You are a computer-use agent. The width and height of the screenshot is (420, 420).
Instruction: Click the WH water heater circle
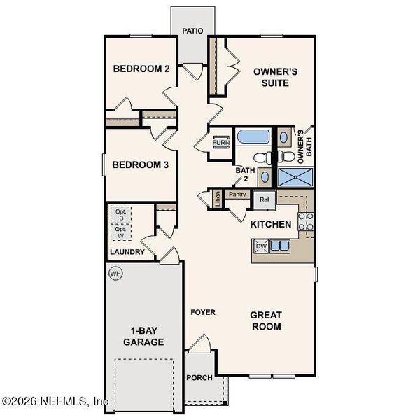(x=115, y=274)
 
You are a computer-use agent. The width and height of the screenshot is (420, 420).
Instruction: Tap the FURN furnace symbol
(x=221, y=142)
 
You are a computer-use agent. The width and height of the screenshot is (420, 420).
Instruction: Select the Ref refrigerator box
(x=265, y=199)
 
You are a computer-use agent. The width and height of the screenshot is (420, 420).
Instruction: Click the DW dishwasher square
(x=261, y=246)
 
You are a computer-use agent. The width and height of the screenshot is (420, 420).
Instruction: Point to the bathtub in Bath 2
(x=253, y=137)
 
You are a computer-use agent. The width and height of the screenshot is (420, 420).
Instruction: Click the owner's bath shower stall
(x=295, y=177)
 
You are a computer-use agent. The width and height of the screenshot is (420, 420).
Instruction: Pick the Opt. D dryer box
(x=121, y=215)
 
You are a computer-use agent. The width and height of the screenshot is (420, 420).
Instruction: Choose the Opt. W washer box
(x=121, y=232)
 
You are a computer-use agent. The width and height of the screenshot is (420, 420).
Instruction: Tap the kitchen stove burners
(x=306, y=221)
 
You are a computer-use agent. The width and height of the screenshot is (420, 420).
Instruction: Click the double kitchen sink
(x=279, y=246)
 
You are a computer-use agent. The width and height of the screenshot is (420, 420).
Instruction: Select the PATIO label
(x=192, y=31)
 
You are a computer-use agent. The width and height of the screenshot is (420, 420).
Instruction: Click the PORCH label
(x=199, y=378)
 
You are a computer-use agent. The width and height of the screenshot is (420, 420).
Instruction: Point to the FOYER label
(x=203, y=312)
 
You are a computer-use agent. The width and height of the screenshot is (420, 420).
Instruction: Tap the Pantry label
(x=237, y=194)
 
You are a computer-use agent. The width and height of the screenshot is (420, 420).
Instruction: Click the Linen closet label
(x=218, y=199)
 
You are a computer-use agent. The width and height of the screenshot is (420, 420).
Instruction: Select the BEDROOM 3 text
(x=141, y=164)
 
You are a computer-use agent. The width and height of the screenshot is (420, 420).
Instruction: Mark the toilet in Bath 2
(x=262, y=157)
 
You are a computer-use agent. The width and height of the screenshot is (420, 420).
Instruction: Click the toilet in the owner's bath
(x=286, y=156)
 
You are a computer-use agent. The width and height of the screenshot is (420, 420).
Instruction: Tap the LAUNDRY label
(x=127, y=252)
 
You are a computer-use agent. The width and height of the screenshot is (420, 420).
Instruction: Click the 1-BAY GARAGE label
(x=143, y=337)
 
